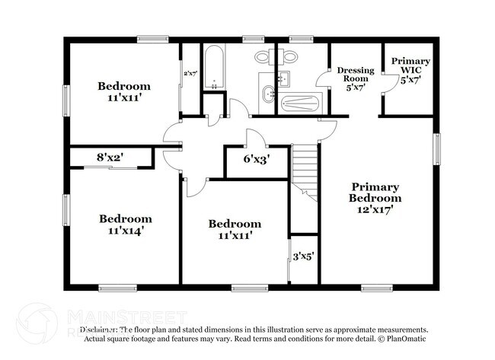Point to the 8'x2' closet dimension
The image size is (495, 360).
pos(110,158)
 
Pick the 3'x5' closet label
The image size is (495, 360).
pos(303,256)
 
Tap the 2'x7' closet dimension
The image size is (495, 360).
pos(190,74)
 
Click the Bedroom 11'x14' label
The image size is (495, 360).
pos(126,224)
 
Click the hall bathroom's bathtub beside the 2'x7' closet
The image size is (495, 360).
pos(213,67)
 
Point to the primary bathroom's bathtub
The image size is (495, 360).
pos(302,104)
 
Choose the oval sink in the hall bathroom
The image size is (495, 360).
pos(269,95)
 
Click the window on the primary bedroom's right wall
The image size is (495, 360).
pos(436,148)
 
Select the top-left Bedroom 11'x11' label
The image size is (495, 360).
pos(124,91)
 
